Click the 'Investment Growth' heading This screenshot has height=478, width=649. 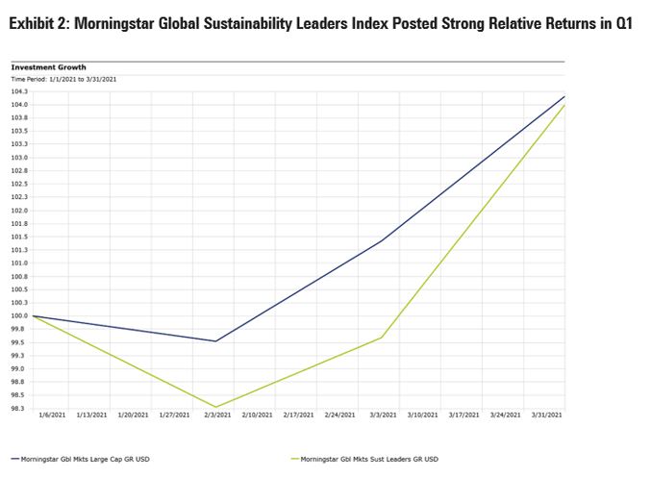48,67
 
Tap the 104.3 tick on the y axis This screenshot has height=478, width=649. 19,91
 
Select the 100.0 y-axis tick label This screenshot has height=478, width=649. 19,315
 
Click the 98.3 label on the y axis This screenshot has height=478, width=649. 19,408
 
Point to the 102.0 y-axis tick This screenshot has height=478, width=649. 19,210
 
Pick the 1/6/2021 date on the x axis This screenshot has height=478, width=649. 52,415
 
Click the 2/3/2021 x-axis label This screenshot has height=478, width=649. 217,415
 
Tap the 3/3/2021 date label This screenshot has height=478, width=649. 383,415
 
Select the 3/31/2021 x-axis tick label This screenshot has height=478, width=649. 548,415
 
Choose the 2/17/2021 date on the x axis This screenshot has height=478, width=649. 300,415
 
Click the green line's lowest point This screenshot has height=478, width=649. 217,407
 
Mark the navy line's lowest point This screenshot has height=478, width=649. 217,340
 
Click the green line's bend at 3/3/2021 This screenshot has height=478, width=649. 383,337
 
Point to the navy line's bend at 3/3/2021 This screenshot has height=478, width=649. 383,239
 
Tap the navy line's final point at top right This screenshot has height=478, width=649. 564,96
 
